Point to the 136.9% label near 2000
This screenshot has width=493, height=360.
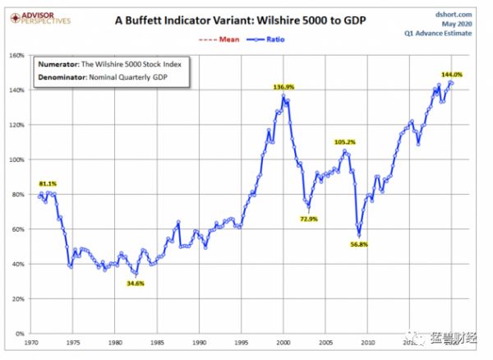click(x=283, y=86)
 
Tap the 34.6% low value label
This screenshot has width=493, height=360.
click(x=136, y=283)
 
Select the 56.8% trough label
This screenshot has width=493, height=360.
click(x=358, y=243)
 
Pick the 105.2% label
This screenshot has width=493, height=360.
click(x=347, y=141)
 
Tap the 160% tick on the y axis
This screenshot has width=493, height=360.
click(x=17, y=56)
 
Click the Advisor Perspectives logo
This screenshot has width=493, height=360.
click(x=38, y=17)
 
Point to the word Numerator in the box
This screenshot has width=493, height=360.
click(x=59, y=64)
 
